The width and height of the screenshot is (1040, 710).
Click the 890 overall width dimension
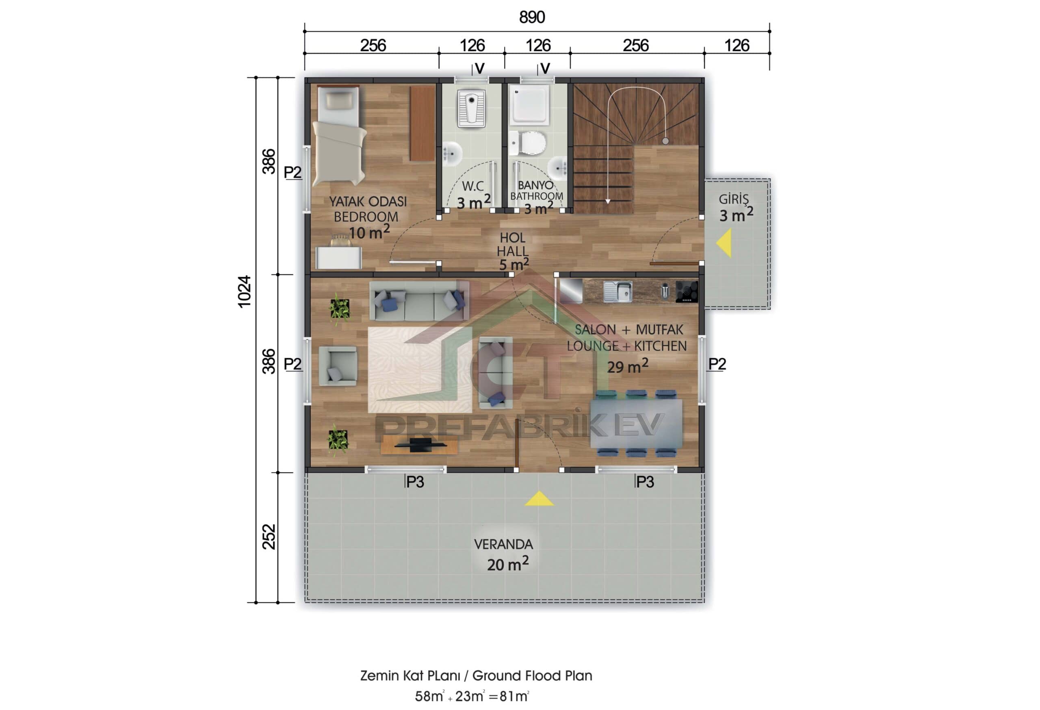click(x=532, y=17)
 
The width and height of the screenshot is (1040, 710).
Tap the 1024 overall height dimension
click(x=244, y=291)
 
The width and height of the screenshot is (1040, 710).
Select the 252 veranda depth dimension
click(x=269, y=537)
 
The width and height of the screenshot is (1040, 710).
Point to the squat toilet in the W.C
click(x=471, y=109)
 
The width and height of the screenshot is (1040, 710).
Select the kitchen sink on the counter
click(x=618, y=291)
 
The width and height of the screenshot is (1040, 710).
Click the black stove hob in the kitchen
click(x=686, y=291)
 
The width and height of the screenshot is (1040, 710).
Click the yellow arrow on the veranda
click(x=539, y=499)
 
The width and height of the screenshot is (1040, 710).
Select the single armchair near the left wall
click(x=338, y=366)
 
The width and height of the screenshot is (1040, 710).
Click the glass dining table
click(x=636, y=424)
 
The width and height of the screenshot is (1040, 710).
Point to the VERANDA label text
click(x=503, y=544)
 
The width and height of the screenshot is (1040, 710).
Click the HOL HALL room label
click(x=512, y=244)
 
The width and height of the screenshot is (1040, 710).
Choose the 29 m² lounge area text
click(x=627, y=367)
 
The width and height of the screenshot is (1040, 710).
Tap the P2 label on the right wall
click(x=717, y=364)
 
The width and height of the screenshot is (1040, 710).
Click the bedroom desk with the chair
click(x=339, y=257)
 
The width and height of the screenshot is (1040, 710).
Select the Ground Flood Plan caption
click(x=476, y=675)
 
